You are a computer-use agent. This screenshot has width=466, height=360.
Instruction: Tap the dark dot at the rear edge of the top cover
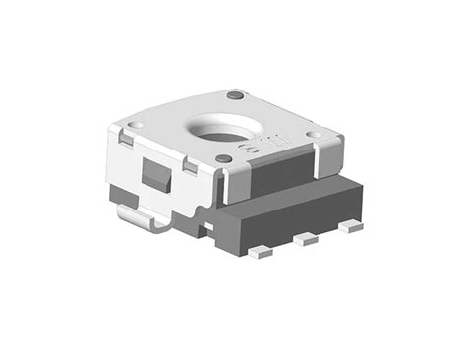pos(235,95)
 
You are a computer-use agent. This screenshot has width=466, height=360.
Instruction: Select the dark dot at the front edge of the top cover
pos(224,157)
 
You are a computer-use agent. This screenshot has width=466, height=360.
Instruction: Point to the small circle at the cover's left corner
pos(138,125)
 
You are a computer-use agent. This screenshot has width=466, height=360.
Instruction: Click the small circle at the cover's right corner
pos(311,135)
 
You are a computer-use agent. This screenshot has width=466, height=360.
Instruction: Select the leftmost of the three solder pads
pos(260,252)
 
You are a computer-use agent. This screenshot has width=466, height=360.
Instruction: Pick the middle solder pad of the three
pos(308,238)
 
